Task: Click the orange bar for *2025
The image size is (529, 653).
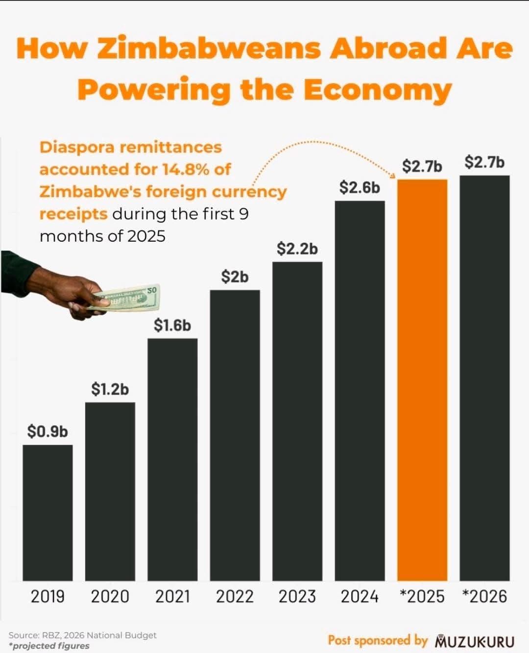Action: point(422,380)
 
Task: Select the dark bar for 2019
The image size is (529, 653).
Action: point(48,512)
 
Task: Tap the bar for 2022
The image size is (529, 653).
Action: point(235,435)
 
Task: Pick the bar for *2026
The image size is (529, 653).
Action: point(484,378)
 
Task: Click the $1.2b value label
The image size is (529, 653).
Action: point(110,389)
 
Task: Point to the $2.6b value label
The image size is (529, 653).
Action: point(360,187)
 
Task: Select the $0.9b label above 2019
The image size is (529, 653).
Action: point(48,431)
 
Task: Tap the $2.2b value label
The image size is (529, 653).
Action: point(297,249)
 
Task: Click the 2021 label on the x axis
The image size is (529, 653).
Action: point(172,597)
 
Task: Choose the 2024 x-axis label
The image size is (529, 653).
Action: point(360,597)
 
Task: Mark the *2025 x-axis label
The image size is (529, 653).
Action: point(422,597)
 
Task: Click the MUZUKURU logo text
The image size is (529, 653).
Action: point(475,641)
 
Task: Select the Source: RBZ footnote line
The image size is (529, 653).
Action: point(82,635)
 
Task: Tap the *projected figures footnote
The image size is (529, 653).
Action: point(49,646)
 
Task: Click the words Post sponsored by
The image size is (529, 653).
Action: point(378,640)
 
